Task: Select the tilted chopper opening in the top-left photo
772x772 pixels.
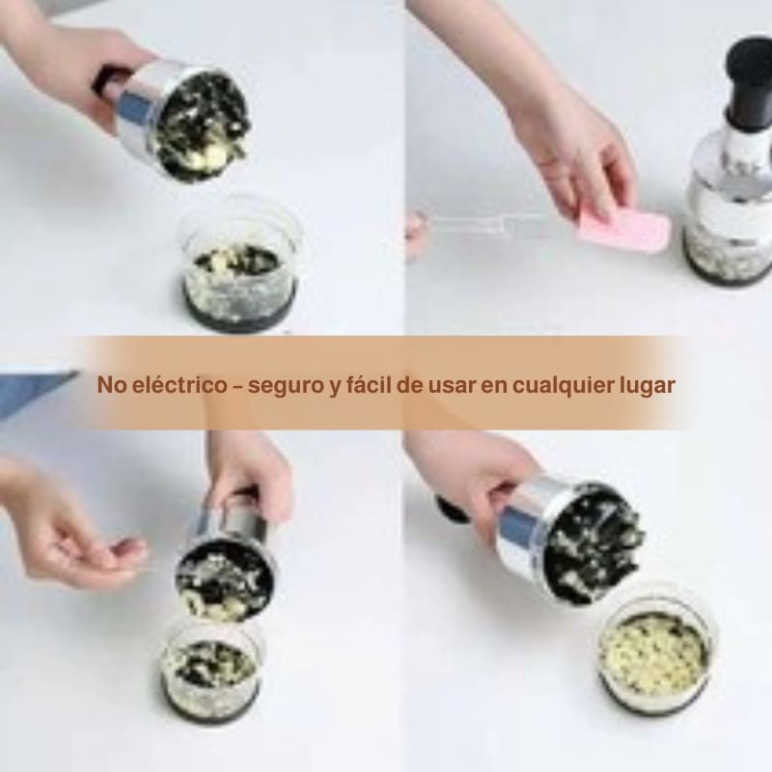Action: (202, 125)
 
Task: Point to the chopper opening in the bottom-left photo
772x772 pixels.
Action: (225, 579)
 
